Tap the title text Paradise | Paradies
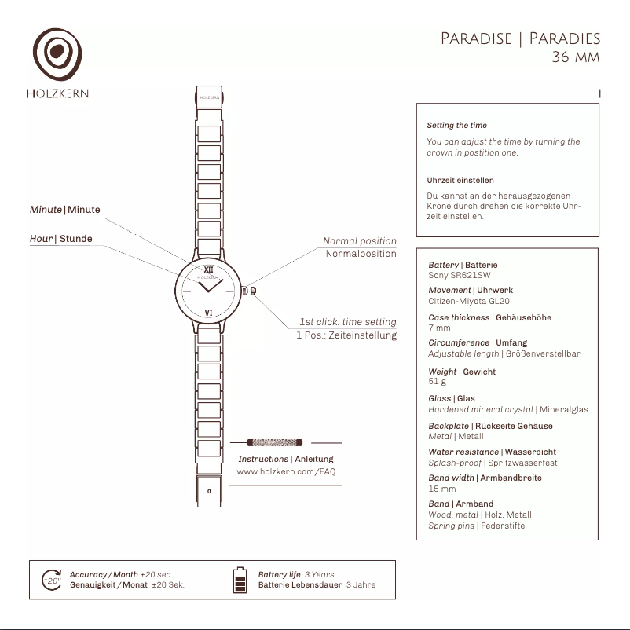coord(520,39)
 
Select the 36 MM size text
coord(576,57)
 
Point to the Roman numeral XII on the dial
coord(208,269)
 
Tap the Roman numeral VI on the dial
coord(208,313)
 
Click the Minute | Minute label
coord(65,210)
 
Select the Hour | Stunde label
coord(61,239)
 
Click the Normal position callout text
coord(360,241)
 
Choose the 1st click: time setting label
coord(347,322)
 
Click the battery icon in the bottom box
coord(240,580)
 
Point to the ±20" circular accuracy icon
coord(51,580)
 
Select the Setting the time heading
coord(456,126)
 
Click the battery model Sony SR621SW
coord(459,276)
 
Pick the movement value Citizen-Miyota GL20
coord(469,301)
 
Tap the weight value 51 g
coord(437,382)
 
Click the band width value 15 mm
coord(441,489)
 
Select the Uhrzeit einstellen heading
coord(460,181)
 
